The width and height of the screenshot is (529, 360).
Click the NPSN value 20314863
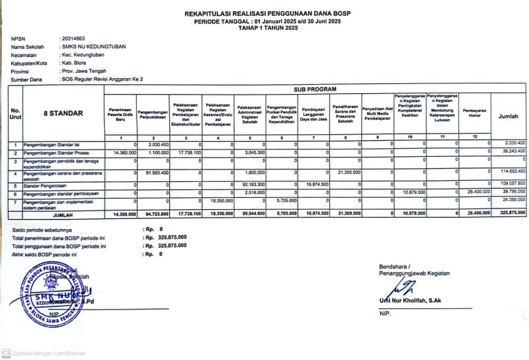pyautogui.click(x=72, y=39)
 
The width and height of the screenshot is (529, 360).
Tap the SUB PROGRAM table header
pyautogui.click(x=314, y=89)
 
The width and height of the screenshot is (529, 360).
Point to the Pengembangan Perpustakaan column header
pyautogui.click(x=153, y=113)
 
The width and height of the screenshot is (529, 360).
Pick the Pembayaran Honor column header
pyautogui.click(x=475, y=113)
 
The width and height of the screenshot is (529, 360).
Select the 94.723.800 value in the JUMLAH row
pyautogui.click(x=155, y=214)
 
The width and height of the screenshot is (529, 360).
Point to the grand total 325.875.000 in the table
pyautogui.click(x=511, y=213)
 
